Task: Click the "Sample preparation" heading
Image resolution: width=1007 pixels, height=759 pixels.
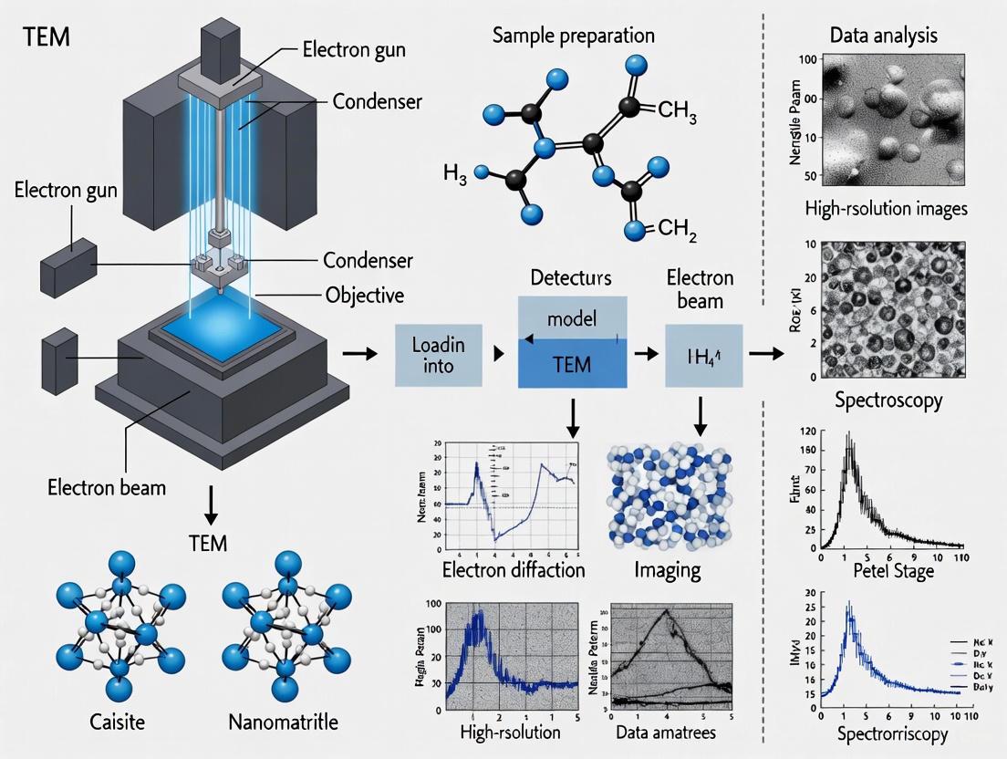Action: point(573,36)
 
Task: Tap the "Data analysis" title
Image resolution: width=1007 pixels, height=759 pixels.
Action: point(884,36)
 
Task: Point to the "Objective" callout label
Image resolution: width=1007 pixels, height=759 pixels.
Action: point(365,296)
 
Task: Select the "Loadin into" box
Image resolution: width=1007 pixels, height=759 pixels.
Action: point(439,355)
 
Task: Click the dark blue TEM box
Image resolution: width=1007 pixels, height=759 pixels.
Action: point(572,365)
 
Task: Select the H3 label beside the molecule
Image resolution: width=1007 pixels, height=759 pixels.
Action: point(455,173)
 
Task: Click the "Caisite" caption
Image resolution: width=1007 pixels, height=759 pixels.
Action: point(118,723)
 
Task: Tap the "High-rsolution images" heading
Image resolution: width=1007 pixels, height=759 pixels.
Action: point(886,209)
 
